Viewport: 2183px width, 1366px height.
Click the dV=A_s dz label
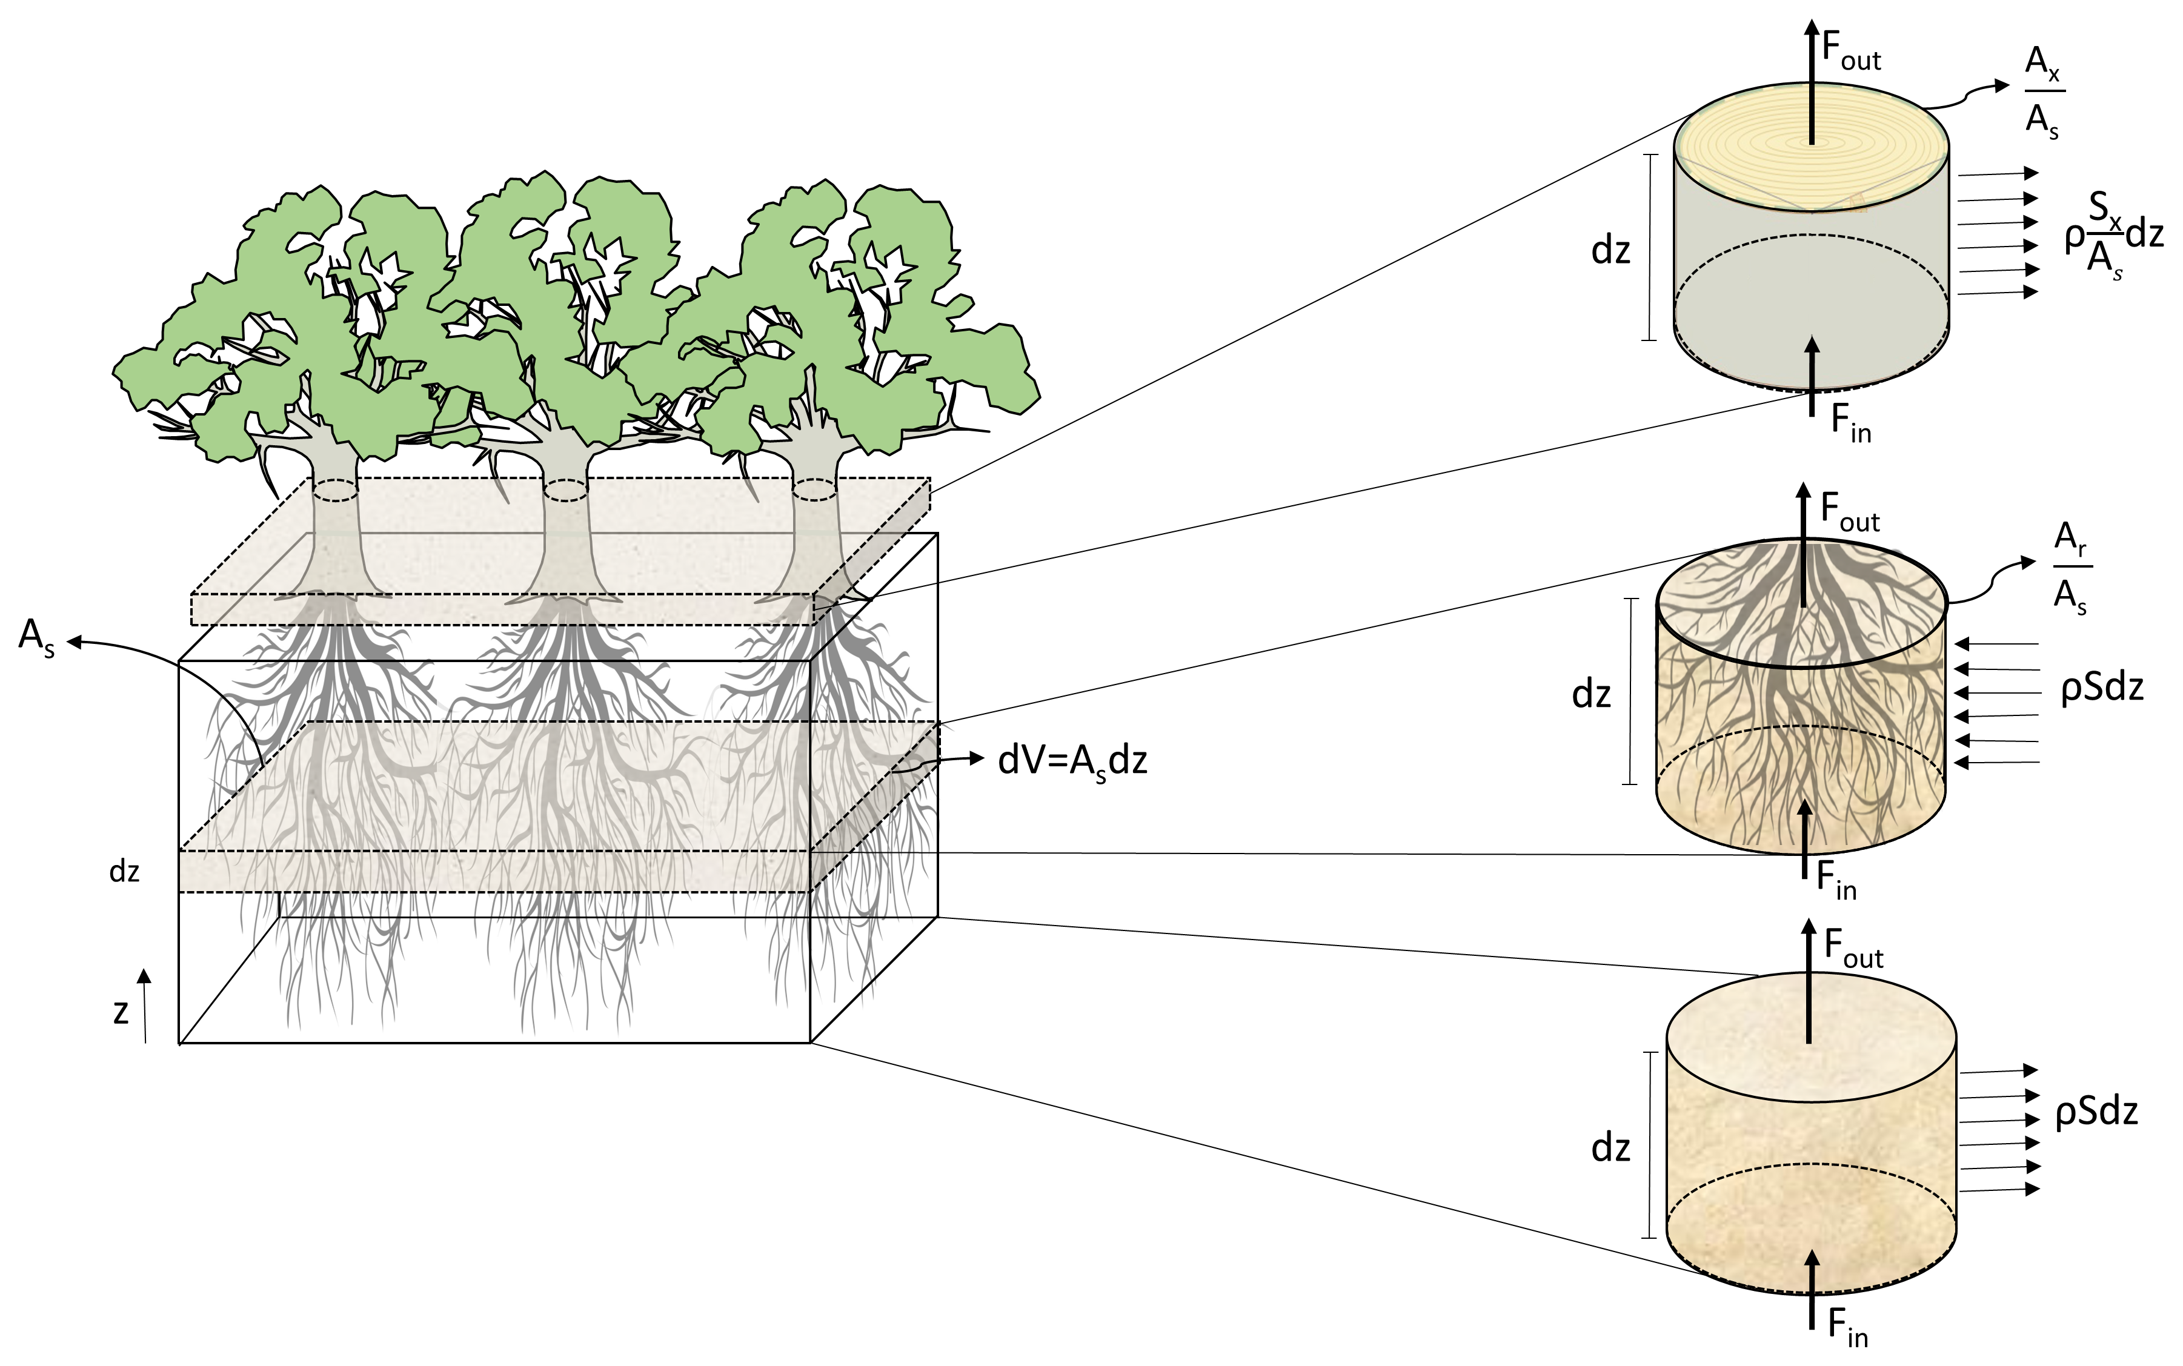coord(1072,761)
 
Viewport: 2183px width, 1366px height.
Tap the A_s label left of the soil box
coord(36,638)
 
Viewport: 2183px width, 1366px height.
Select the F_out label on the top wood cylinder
coord(1850,51)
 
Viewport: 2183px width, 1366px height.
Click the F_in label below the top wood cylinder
coord(1850,422)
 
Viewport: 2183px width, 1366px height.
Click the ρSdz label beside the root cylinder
coord(2102,688)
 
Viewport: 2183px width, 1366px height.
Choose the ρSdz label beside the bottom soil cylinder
coord(2096,1111)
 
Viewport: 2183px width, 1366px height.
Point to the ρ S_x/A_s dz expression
coord(2115,237)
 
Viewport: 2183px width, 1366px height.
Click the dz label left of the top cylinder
coord(1610,250)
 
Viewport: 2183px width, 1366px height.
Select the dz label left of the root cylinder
coord(1591,694)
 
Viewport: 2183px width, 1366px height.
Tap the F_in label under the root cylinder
coord(1836,880)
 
